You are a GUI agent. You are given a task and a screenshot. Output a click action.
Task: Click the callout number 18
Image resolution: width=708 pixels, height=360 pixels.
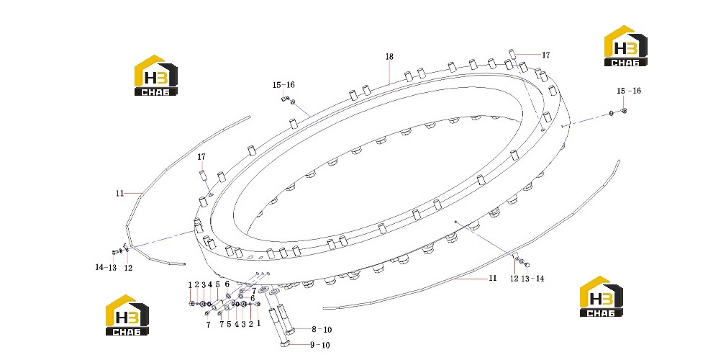[389, 56]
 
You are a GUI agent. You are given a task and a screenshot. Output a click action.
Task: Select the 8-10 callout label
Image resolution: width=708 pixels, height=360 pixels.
[321, 330]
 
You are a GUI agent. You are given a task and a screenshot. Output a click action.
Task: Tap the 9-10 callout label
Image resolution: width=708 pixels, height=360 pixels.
[319, 345]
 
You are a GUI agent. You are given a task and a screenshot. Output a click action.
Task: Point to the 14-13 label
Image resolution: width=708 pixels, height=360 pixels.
[106, 267]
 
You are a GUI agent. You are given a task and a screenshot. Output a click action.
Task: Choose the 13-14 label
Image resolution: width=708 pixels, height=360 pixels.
[532, 279]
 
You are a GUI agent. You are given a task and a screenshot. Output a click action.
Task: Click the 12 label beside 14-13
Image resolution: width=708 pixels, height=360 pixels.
[128, 268]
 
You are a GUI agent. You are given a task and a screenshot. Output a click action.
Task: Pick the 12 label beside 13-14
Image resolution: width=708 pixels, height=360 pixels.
[514, 279]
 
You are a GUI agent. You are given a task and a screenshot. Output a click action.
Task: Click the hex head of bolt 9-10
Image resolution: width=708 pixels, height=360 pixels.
[284, 345]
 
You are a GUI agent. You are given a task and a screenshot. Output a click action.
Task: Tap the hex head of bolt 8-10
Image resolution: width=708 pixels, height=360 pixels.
[291, 330]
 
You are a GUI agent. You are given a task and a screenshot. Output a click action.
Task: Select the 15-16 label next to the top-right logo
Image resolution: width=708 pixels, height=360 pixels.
[629, 91]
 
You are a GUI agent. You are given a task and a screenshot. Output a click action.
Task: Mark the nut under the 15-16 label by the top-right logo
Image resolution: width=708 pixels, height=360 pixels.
[624, 110]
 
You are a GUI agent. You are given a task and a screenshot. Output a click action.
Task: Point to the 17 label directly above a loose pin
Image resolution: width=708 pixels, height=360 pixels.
[201, 157]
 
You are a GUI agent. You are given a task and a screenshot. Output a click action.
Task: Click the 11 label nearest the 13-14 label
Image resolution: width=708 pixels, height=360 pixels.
[493, 278]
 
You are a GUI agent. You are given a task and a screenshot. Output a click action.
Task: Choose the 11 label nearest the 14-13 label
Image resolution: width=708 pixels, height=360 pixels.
[119, 194]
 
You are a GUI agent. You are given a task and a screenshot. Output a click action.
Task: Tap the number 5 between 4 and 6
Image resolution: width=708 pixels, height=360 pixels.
[217, 284]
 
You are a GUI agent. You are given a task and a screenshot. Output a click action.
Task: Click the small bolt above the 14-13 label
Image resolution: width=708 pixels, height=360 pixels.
[114, 251]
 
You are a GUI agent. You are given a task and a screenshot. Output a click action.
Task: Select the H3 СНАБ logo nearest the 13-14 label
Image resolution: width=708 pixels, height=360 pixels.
[602, 297]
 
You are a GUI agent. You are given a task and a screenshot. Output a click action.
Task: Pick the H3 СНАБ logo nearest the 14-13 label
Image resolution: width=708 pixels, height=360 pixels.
[127, 315]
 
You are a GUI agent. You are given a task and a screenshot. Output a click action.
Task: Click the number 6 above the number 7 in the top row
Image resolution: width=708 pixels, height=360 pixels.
[227, 284]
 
